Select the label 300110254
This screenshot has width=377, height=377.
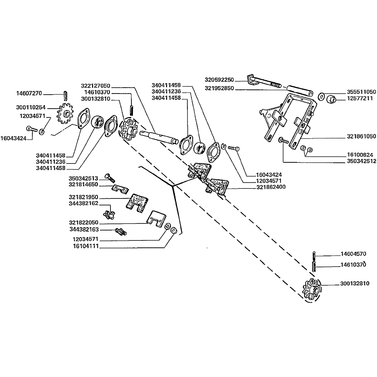tap(31, 108)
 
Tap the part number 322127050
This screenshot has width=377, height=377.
tap(96, 86)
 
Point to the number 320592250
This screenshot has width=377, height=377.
tap(220, 80)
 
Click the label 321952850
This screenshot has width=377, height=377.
tap(220, 88)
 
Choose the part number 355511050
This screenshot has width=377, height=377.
tap(361, 92)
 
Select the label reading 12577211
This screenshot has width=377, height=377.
tap(360, 99)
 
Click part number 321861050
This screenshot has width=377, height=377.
tap(361, 136)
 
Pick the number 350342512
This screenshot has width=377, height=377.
tap(361, 161)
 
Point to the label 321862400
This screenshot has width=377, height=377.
tap(271, 187)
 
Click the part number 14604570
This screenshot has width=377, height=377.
tap(354, 254)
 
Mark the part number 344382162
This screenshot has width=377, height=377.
tap(84, 203)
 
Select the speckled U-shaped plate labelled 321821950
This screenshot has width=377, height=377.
tap(137, 202)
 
